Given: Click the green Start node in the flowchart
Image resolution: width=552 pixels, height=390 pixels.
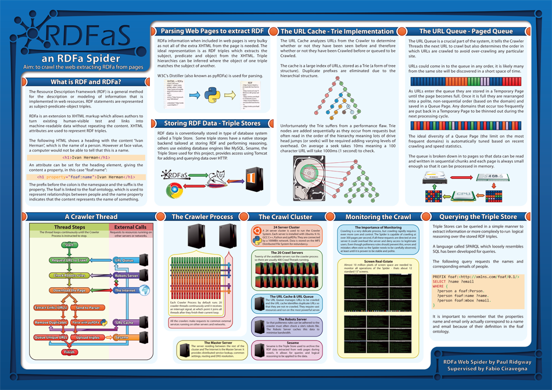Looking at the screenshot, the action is coord(69,245).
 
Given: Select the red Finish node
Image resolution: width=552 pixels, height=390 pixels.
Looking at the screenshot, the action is coord(69,352).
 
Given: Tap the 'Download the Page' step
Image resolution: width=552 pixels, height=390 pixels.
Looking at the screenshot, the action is coord(69,289).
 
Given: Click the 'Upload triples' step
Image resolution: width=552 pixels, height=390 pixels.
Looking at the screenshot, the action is coord(87,337).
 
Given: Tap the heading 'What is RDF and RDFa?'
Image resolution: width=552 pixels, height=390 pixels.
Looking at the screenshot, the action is coord(85,82).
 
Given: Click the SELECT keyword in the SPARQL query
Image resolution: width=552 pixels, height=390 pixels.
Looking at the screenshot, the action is coord(439,281).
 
